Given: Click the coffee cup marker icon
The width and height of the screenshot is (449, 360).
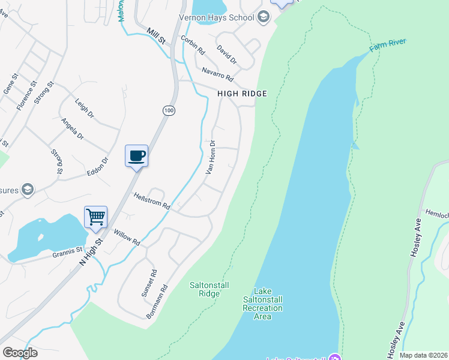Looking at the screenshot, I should click(x=136, y=156).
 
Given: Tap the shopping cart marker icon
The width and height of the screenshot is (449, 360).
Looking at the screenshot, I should click(x=96, y=217).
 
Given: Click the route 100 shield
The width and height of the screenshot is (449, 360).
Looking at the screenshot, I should click(x=169, y=110).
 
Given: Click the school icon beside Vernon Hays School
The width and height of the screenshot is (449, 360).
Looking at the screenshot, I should click(x=263, y=17).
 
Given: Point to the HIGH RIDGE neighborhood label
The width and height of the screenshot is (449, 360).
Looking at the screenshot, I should click(x=242, y=94).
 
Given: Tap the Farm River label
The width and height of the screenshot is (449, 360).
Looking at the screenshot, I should click(x=388, y=44).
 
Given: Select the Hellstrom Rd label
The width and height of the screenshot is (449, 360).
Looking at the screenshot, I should click(x=152, y=200).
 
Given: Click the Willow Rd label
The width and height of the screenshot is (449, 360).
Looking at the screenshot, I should click(x=127, y=238).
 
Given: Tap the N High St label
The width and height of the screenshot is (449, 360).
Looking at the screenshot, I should click(x=91, y=251).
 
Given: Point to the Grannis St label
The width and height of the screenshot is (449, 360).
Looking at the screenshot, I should click(x=66, y=252).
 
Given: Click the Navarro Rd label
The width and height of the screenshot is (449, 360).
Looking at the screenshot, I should click(x=217, y=74).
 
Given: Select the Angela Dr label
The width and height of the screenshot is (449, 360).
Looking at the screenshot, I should click(x=73, y=128).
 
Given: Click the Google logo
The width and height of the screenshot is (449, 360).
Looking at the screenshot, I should click(x=20, y=352).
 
